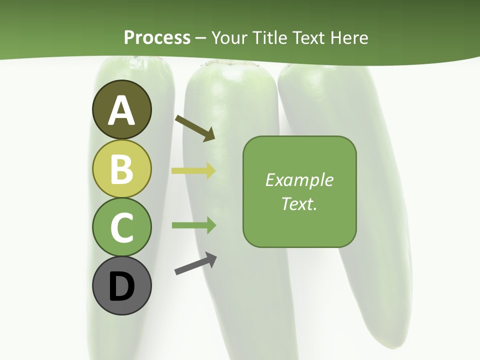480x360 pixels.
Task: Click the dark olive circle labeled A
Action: coord(122,109)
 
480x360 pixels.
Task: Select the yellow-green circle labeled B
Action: coord(122,168)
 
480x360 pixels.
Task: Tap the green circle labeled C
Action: coord(122,227)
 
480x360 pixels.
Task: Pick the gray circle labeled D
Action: coord(122,285)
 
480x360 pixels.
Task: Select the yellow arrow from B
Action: coord(193,171)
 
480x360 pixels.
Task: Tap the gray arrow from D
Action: coord(195,264)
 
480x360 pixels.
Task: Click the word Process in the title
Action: coord(157,37)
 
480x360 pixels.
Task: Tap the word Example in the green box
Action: coord(299,180)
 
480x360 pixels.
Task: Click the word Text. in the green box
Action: coord(299,204)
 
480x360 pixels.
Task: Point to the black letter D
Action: coord(122,287)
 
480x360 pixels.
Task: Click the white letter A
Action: coord(122,111)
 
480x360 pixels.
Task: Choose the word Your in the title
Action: coord(229,37)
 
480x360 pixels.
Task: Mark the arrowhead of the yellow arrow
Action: coord(210,171)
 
